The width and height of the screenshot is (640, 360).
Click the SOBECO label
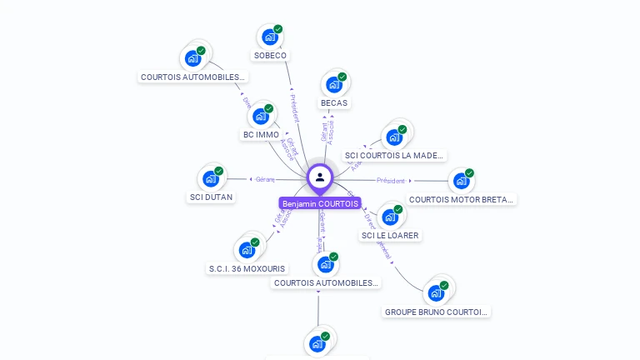270,56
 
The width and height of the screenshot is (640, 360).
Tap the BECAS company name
334,103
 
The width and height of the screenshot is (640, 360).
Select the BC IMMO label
261,135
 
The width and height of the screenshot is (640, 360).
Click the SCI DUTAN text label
211,197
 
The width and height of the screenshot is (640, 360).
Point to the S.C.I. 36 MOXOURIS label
247,269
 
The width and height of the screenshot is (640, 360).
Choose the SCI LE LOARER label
390,236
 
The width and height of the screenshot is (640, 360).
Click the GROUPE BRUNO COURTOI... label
436,312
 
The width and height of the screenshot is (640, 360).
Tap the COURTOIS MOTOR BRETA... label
462,200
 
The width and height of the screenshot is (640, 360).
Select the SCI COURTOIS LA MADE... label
395,156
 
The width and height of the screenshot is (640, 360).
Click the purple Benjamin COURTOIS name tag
320,204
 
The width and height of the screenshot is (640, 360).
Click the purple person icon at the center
320,177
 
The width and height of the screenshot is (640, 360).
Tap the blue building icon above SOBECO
269,37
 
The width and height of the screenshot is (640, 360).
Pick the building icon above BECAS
334,84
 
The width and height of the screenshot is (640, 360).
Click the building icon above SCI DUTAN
210,178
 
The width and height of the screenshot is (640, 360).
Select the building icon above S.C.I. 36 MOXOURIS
247,250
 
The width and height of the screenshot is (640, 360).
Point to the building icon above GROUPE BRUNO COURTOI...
435,292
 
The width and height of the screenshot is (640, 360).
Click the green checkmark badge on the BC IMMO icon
268,108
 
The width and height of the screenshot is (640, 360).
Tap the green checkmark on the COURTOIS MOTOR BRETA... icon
469,173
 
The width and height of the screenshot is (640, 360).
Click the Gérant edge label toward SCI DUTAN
265,179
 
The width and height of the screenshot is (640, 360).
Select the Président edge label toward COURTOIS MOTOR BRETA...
390,180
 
